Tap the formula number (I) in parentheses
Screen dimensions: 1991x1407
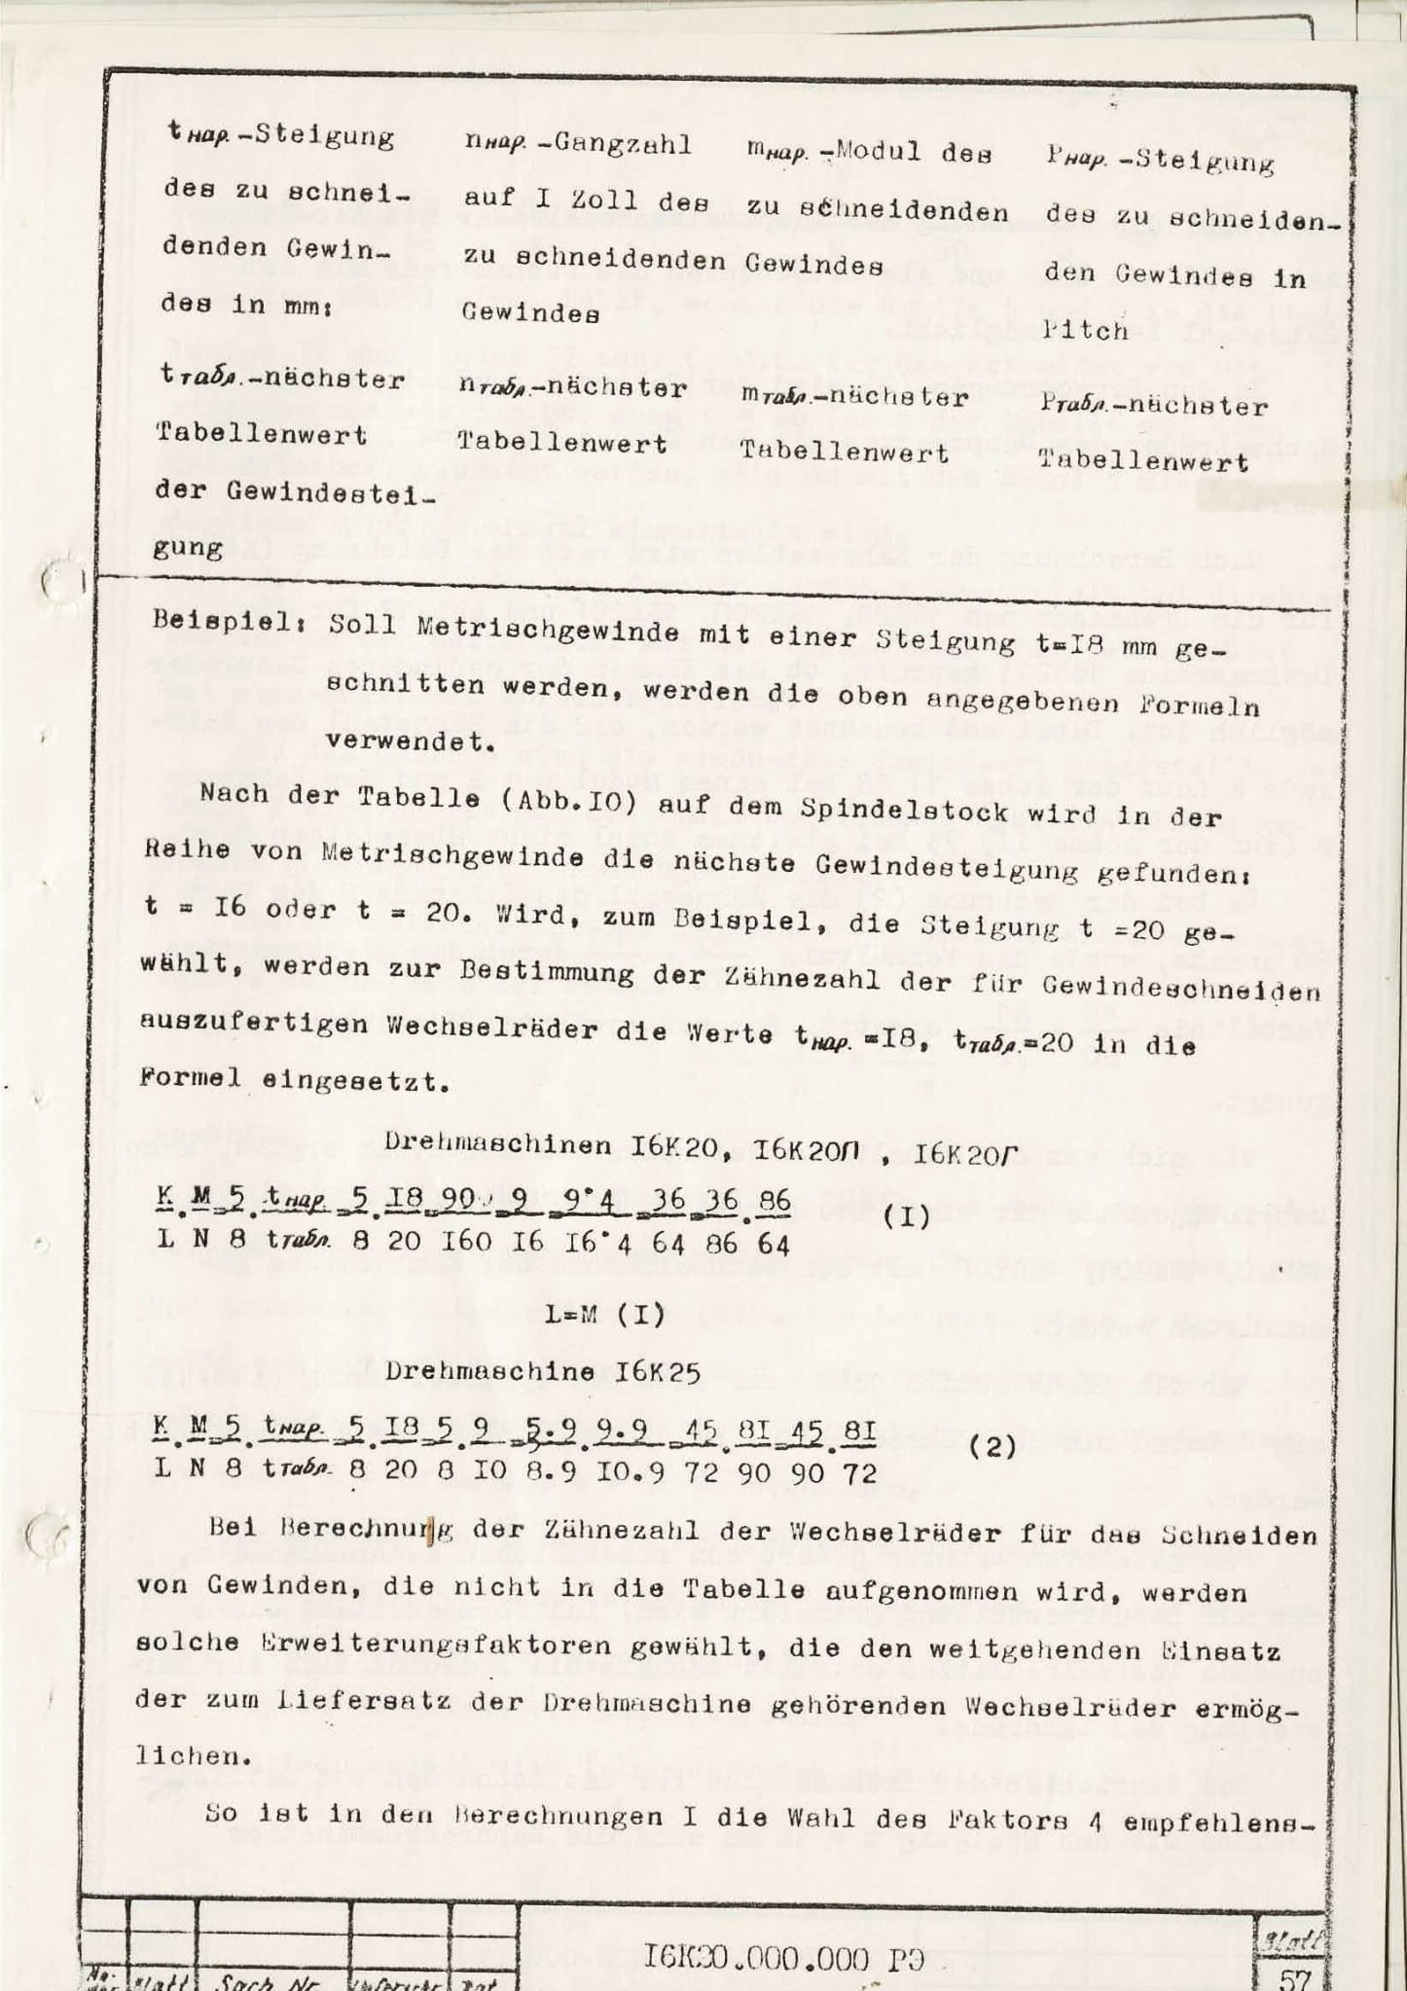click(x=909, y=1216)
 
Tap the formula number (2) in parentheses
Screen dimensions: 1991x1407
click(x=993, y=1447)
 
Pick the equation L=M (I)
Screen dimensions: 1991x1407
click(x=604, y=1315)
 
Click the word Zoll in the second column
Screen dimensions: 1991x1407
click(x=591, y=201)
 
